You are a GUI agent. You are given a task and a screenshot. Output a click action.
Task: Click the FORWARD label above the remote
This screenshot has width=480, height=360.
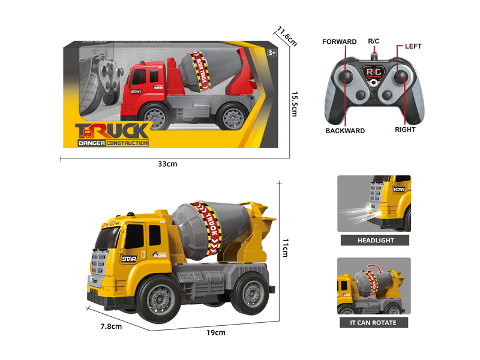coord(339,42)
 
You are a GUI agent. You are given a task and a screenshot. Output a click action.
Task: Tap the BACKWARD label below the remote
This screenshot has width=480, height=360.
coord(345,130)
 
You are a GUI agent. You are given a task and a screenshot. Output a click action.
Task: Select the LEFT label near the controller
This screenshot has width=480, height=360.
coord(413,46)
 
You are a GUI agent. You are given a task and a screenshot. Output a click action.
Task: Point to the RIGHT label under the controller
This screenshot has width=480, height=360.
coord(405,129)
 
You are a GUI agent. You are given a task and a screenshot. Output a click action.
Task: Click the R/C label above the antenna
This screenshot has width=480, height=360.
coord(373,41)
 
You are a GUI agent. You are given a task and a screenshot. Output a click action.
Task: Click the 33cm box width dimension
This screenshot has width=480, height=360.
coord(168,164)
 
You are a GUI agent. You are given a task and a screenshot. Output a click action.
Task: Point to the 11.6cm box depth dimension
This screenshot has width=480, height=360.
coord(287,35)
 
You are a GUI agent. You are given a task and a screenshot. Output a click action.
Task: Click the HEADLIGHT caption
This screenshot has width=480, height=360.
coord(374,241)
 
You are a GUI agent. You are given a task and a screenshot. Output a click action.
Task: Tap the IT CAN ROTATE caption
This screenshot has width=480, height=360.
coord(373,322)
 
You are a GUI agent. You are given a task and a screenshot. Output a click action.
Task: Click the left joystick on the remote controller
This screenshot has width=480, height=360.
coord(349,76)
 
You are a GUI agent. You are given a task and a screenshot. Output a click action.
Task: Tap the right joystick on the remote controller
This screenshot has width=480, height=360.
coord(401,77)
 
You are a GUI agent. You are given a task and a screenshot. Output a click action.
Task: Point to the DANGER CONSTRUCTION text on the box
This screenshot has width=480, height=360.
coord(112,143)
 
